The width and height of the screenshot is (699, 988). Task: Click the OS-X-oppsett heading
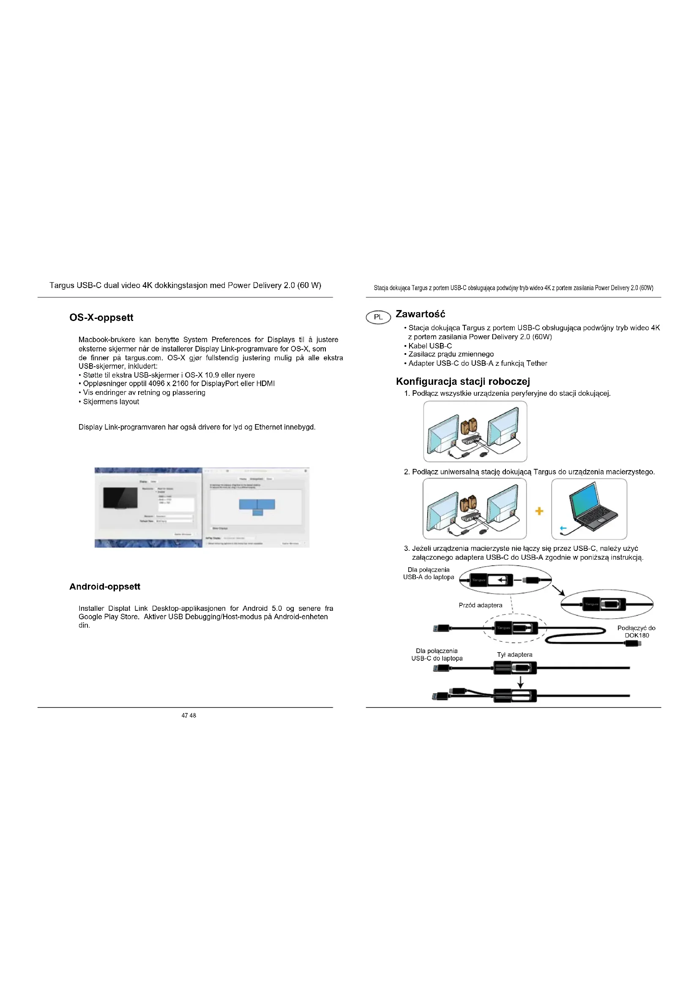pos(101,318)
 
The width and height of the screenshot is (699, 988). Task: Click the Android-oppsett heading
pos(104,587)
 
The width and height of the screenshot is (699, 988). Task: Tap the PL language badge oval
pos(378,317)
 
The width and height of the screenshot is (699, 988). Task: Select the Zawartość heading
pos(420,314)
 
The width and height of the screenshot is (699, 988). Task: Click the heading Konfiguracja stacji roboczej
pos(463,381)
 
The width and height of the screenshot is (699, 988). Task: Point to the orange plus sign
pos(539,511)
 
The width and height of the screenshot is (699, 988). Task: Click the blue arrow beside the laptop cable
pos(563,528)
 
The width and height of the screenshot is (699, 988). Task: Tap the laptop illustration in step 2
pos(592,508)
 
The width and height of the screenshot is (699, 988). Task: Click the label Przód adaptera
pos(481,605)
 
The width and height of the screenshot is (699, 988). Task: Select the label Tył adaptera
pos(514,654)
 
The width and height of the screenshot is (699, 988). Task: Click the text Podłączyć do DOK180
pos(636,631)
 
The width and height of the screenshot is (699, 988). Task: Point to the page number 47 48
pos(188,715)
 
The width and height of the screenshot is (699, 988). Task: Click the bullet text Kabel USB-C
pos(429,346)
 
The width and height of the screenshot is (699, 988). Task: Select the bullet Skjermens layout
pos(111,401)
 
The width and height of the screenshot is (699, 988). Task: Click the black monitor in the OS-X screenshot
pos(120,498)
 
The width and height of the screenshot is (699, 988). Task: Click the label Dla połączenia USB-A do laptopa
pos(428,573)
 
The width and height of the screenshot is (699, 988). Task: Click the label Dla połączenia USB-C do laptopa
pos(437,654)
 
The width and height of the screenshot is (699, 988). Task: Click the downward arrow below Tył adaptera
pos(520,682)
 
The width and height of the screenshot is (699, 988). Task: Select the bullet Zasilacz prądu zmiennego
pos(451,354)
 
